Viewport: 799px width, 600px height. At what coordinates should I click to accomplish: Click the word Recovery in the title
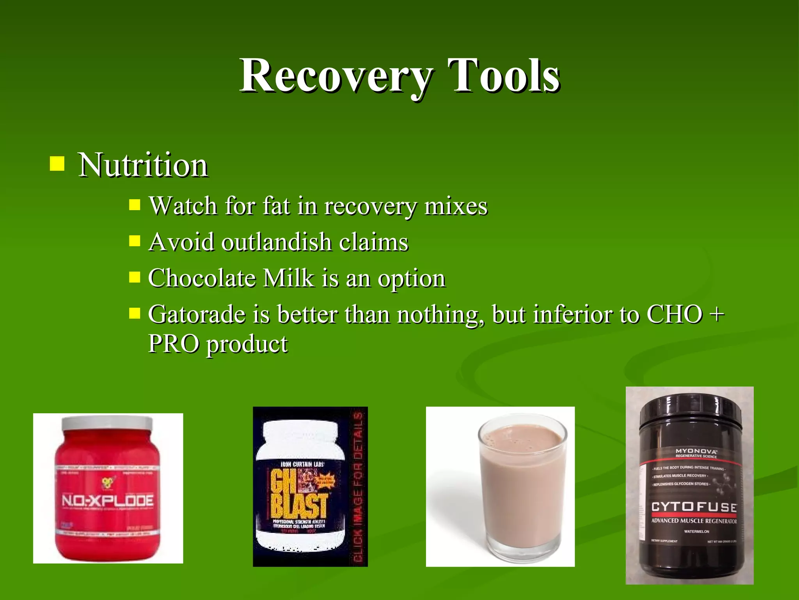[x=336, y=76]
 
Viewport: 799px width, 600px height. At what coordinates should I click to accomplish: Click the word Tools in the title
[x=504, y=76]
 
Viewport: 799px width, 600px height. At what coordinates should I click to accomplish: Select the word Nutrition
[x=143, y=166]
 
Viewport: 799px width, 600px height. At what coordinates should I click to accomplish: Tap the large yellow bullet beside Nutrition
[x=57, y=164]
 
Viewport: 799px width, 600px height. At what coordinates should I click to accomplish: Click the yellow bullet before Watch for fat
[x=135, y=205]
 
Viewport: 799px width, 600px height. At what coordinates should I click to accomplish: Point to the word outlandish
[x=277, y=242]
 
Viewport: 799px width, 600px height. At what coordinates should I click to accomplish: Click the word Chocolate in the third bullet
[x=202, y=279]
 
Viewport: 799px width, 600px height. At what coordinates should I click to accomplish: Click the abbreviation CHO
[x=675, y=314]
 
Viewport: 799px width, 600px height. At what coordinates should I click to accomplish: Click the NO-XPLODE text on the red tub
[x=108, y=501]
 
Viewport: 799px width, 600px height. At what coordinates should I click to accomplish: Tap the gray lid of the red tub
[x=107, y=423]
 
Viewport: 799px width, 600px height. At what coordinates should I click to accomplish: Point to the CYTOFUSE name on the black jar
[x=694, y=507]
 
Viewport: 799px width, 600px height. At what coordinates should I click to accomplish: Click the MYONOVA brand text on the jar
[x=696, y=451]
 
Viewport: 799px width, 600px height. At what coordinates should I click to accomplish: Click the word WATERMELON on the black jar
[x=696, y=532]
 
